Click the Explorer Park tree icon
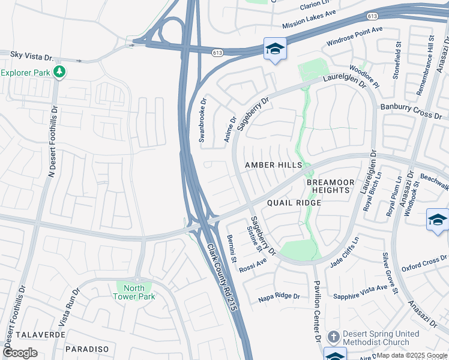coord(59,73)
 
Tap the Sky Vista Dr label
coord(32,55)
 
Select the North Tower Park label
coord(134,292)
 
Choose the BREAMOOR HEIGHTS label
coord(328,186)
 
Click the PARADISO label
coord(87,349)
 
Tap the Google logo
coord(20,352)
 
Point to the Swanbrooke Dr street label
coord(203,119)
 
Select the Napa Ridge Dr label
coord(279,296)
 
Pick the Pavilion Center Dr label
coord(315,306)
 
